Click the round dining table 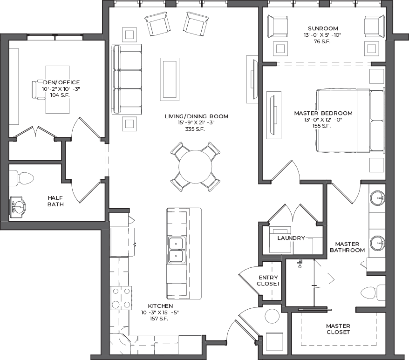click(x=195, y=166)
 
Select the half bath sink click(x=18, y=207)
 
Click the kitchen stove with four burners click(x=121, y=298)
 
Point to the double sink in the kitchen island click(x=177, y=250)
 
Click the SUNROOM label click(x=323, y=28)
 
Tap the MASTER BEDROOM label click(x=323, y=113)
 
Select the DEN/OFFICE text click(x=61, y=82)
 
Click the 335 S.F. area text click(x=195, y=129)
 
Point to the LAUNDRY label click(x=291, y=238)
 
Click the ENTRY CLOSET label click(x=268, y=280)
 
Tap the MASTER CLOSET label click(x=338, y=329)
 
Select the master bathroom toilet click(x=373, y=293)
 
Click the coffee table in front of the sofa click(x=170, y=79)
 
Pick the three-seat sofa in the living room click(x=127, y=79)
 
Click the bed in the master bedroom click(x=350, y=121)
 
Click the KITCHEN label click(x=160, y=306)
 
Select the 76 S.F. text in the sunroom click(x=322, y=41)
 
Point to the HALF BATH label click(x=55, y=201)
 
